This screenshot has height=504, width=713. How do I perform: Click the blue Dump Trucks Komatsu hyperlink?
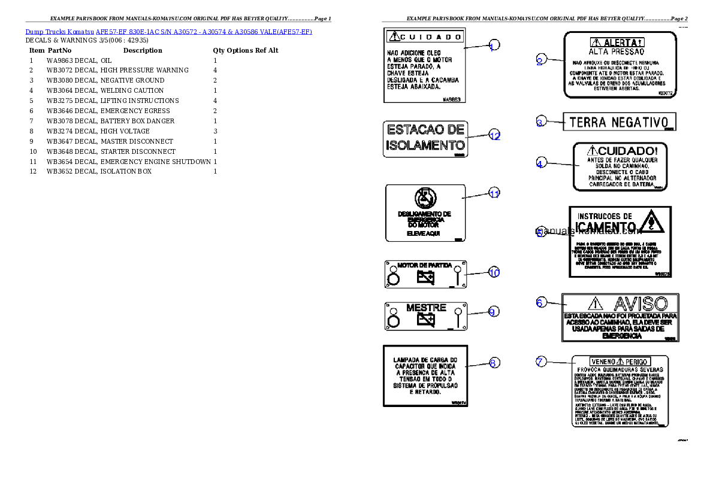pyautogui.click(x=168, y=32)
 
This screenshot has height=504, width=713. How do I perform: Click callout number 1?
pyautogui.click(x=493, y=45)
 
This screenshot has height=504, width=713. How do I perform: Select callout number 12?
pyautogui.click(x=494, y=135)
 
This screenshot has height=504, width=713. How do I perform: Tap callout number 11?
pyautogui.click(x=494, y=193)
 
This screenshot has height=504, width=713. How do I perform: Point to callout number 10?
pyautogui.click(x=494, y=272)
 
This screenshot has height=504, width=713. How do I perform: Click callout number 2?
pyautogui.click(x=540, y=60)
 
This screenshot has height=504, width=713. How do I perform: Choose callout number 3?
pyautogui.click(x=540, y=123)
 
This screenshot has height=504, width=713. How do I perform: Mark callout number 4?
pyautogui.click(x=540, y=163)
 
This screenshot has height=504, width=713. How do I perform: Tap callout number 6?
pyautogui.click(x=540, y=303)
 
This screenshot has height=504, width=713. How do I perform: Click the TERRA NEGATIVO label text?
pyautogui.click(x=618, y=123)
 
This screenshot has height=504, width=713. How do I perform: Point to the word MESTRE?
pyautogui.click(x=426, y=308)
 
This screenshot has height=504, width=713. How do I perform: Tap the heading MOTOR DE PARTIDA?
pyautogui.click(x=424, y=265)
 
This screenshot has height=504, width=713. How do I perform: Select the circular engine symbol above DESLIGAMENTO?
pyautogui.click(x=425, y=198)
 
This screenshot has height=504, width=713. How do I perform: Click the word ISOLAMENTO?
pyautogui.click(x=425, y=145)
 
